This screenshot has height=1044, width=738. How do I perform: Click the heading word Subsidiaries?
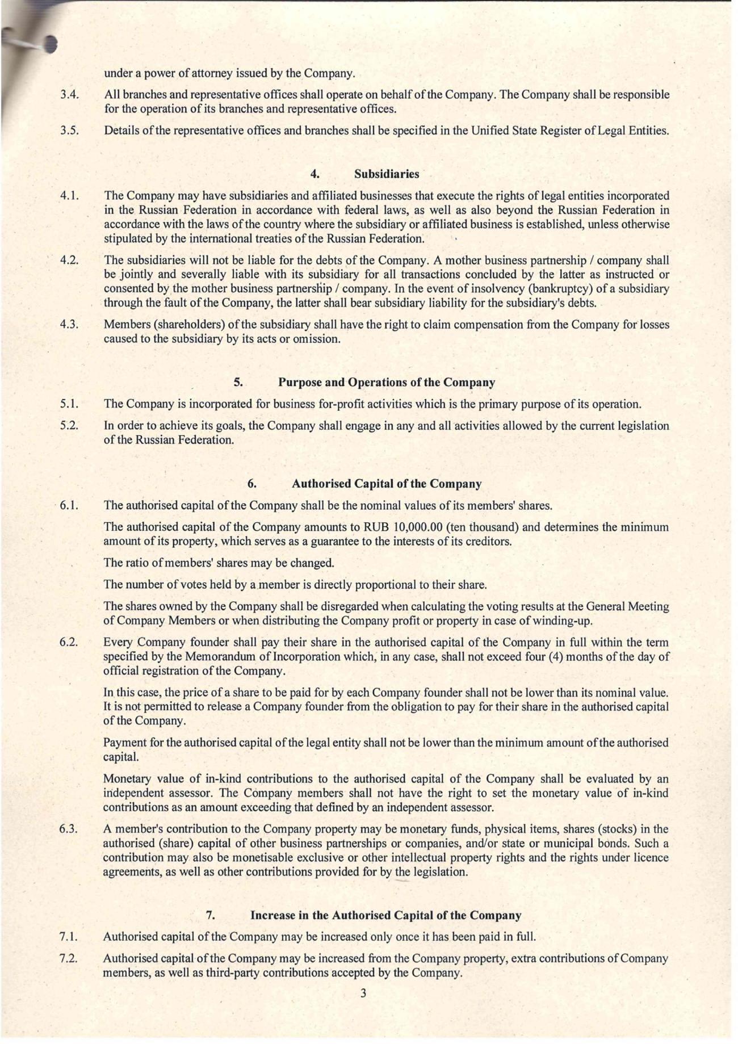pyautogui.click(x=387, y=174)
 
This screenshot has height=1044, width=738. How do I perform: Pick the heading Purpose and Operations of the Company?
pyautogui.click(x=386, y=383)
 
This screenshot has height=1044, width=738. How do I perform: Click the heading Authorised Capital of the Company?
pyautogui.click(x=387, y=484)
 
